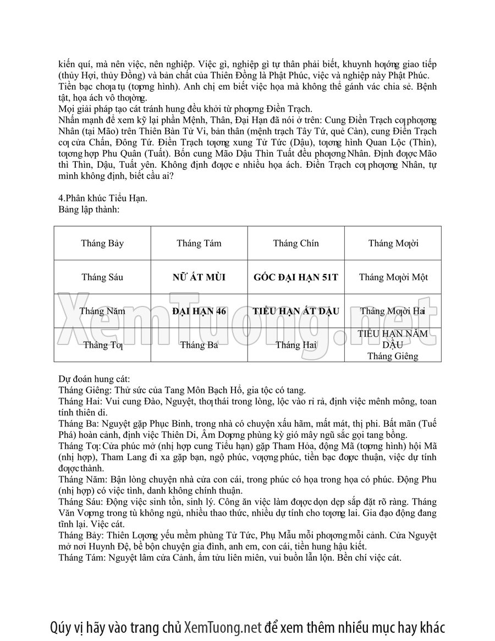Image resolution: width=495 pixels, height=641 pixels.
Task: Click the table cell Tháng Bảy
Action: point(102,243)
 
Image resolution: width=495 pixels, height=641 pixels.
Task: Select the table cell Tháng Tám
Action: point(199,243)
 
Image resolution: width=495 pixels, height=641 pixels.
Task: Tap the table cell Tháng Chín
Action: point(296,243)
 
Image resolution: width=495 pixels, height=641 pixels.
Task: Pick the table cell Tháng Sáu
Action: point(102,277)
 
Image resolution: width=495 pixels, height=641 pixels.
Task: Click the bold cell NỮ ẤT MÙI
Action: point(199,277)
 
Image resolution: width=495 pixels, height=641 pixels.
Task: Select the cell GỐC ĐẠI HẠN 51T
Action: point(296,277)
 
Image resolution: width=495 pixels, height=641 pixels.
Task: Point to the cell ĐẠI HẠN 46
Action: point(199,311)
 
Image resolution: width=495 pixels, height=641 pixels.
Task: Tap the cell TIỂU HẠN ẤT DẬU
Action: point(296,311)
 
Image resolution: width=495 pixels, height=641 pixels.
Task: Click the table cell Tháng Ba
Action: point(199,345)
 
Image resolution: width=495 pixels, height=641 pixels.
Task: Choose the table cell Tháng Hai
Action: point(296,345)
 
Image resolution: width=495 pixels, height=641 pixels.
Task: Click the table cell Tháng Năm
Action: point(102,311)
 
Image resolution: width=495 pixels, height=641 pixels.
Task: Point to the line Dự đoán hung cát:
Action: point(94,379)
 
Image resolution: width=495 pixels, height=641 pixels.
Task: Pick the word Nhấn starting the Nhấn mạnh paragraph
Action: point(69,120)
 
